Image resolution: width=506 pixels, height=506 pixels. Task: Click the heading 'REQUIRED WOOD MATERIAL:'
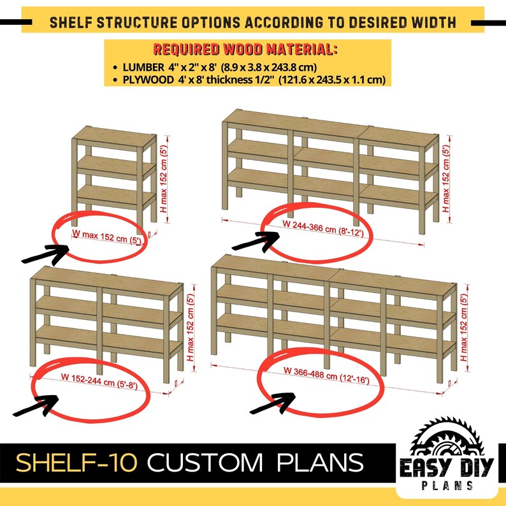click(x=245, y=50)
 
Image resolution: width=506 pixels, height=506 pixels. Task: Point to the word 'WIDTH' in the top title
click(x=433, y=24)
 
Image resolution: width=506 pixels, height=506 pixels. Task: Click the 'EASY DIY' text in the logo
click(x=446, y=468)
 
